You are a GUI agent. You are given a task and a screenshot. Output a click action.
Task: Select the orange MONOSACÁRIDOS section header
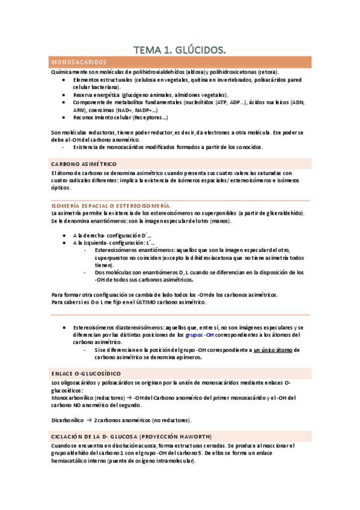tap(79, 63)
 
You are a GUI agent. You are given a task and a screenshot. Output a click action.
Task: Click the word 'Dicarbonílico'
tap(69, 420)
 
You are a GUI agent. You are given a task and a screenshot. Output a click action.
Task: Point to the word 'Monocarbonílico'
tap(73, 398)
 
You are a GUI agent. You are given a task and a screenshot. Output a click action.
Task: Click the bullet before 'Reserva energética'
tap(64, 95)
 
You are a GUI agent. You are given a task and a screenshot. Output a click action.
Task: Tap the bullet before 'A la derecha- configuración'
tap(64, 235)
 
